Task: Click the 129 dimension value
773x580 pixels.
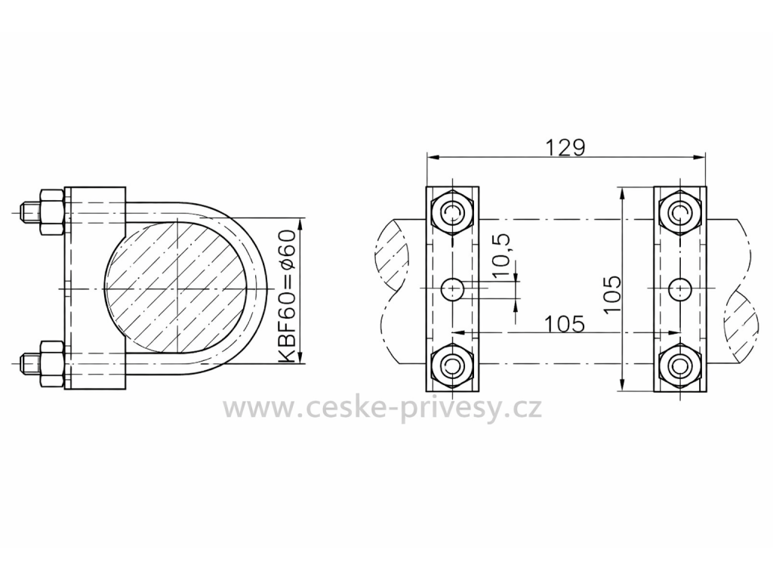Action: pos(565,147)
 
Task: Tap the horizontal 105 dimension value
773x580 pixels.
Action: pos(565,324)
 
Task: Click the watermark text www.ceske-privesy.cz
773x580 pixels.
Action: pos(383,409)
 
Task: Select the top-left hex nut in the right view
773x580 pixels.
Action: pos(451,212)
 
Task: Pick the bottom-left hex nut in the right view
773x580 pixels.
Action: pos(451,366)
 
